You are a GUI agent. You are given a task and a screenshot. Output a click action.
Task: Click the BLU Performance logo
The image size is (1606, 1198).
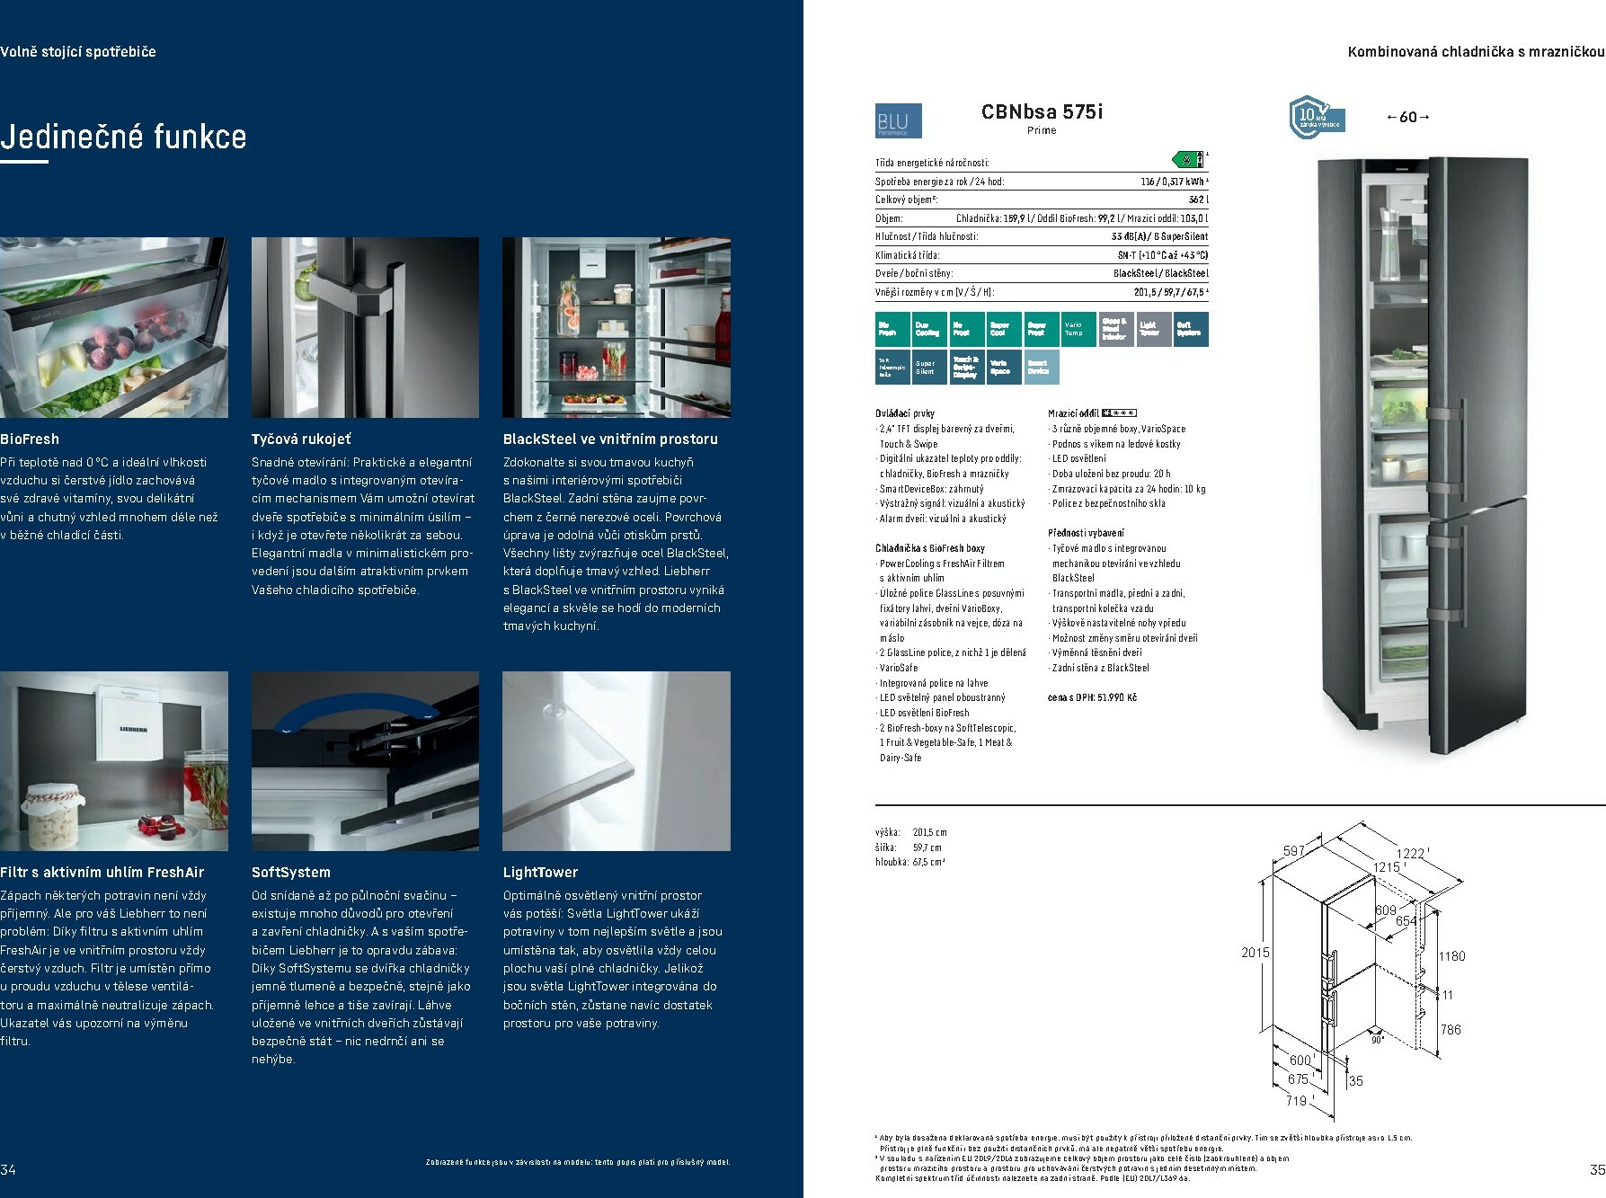(x=898, y=121)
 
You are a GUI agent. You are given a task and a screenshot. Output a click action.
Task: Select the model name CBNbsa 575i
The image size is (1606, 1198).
(x=1042, y=111)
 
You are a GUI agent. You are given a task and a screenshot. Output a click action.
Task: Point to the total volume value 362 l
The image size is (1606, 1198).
(x=1198, y=200)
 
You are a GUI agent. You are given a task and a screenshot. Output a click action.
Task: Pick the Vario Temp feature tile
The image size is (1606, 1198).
(x=1074, y=329)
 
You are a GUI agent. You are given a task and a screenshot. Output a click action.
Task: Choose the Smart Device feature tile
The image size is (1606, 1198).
(x=1041, y=367)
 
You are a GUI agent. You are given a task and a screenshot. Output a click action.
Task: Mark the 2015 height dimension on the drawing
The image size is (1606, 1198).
(x=1255, y=953)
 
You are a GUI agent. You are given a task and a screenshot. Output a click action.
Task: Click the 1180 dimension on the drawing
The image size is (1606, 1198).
(x=1451, y=956)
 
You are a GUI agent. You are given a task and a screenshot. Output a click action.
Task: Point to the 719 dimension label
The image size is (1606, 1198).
(x=1296, y=1100)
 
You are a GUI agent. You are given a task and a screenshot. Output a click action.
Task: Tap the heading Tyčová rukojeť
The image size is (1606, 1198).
(x=301, y=439)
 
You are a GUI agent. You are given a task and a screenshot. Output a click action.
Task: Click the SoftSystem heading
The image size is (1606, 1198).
(x=291, y=873)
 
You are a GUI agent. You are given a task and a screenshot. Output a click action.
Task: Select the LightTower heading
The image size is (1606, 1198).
(x=540, y=873)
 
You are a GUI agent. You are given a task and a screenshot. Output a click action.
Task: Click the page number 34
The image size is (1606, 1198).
(x=8, y=1169)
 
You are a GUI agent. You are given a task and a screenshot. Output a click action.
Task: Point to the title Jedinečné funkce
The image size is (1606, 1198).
(x=123, y=138)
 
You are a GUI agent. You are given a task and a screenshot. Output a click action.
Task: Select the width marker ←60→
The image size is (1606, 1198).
(x=1407, y=117)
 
